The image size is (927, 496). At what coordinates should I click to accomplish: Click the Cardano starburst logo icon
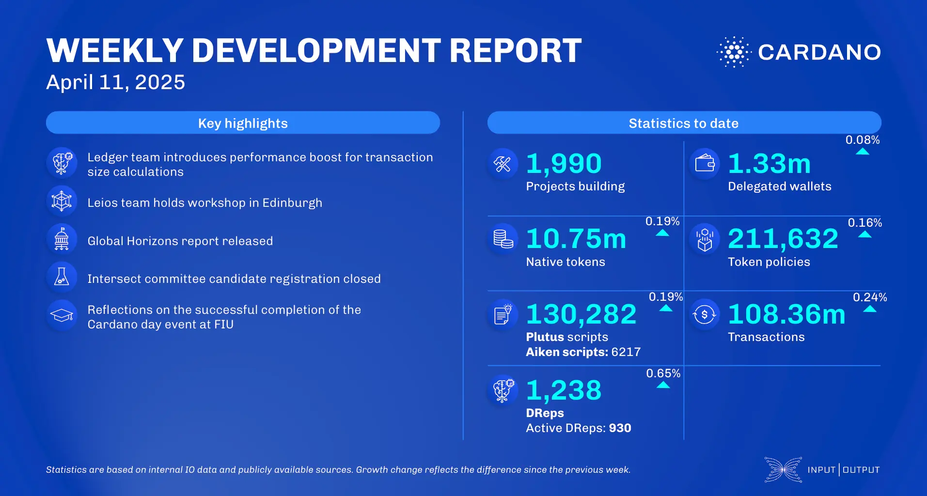point(734,52)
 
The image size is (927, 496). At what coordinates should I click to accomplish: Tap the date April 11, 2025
point(115,82)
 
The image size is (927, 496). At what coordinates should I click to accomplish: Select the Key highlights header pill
point(243,123)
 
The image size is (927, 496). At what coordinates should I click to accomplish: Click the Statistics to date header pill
point(684,123)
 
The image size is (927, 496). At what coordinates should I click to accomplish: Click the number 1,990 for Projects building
point(564,164)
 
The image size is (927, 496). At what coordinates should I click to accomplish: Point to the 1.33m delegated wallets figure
point(769,164)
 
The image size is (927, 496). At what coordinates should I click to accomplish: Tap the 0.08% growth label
point(862,140)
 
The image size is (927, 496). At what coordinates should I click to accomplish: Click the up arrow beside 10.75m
point(662,233)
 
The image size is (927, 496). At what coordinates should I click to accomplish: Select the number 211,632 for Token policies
point(783,239)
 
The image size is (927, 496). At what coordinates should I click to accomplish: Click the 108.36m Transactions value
point(786,314)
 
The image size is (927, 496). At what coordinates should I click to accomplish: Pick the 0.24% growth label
point(869,297)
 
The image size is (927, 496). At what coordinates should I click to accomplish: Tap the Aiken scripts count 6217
point(626,352)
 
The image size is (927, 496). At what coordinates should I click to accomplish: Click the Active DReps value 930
point(620,428)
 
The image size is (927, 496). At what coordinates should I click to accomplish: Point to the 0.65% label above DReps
point(663,373)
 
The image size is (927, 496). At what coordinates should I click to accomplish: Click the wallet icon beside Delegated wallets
point(705,164)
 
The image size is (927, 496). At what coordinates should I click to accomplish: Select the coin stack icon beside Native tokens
point(503,239)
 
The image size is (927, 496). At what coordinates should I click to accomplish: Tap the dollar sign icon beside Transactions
point(705,315)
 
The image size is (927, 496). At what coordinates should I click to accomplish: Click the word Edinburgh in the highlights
point(292,203)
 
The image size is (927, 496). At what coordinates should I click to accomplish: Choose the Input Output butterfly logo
point(783,469)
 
